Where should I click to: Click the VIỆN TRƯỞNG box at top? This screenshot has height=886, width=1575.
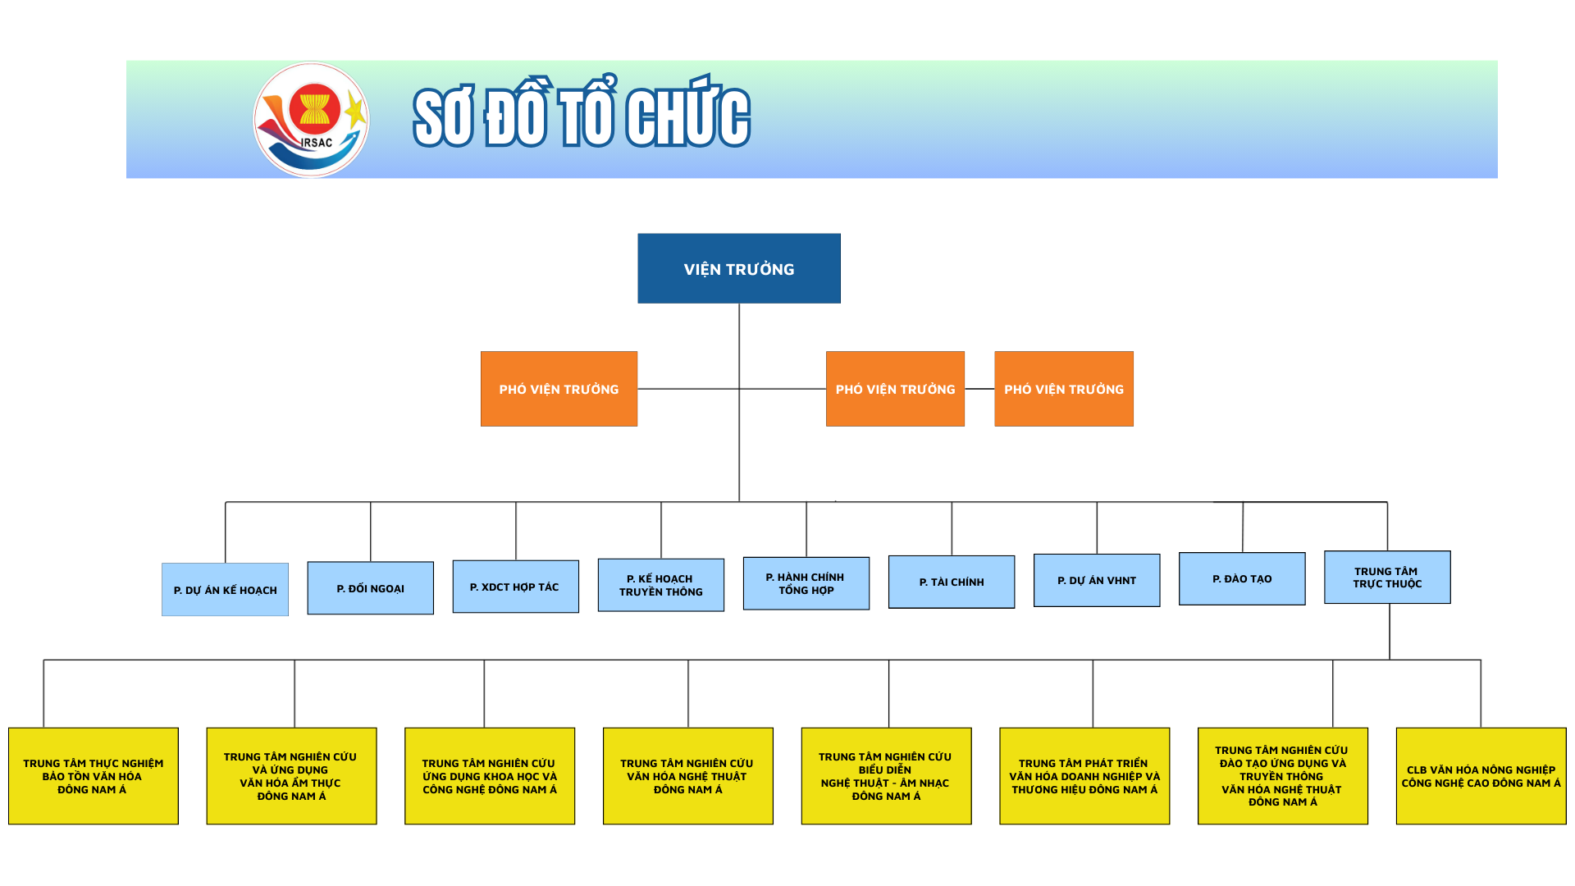[x=738, y=268]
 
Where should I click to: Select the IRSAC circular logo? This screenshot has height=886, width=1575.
[x=311, y=120]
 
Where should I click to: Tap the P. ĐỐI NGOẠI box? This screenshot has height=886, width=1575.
[x=370, y=588]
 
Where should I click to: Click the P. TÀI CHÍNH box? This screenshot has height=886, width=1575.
[x=951, y=582]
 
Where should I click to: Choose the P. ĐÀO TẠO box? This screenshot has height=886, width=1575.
[x=1241, y=578]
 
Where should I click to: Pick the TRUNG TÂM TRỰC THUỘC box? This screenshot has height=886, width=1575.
[x=1386, y=577]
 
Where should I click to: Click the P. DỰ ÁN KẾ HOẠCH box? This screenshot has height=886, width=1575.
[x=225, y=589]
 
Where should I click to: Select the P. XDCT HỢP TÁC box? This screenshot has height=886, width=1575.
[x=515, y=587]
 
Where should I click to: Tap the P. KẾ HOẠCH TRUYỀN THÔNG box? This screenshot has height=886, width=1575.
[x=660, y=585]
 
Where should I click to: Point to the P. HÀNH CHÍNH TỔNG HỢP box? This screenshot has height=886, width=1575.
[x=806, y=583]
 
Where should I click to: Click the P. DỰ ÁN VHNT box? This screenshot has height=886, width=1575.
[x=1096, y=580]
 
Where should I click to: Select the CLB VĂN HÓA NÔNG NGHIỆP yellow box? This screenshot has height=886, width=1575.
[x=1481, y=776]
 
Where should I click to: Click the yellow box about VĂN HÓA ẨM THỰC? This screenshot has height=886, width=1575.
[x=291, y=776]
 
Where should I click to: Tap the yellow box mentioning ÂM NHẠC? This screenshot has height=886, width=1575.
[x=886, y=776]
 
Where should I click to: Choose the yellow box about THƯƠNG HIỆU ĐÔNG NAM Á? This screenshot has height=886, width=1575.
[x=1084, y=776]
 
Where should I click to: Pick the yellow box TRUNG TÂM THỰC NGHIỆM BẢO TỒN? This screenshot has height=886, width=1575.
[x=93, y=776]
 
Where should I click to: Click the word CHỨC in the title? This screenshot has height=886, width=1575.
[x=687, y=117]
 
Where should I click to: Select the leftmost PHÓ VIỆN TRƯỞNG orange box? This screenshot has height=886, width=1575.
[x=559, y=389]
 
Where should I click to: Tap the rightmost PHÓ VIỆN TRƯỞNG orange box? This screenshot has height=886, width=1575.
[x=1063, y=389]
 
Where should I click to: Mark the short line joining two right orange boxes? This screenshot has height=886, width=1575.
[x=979, y=389]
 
